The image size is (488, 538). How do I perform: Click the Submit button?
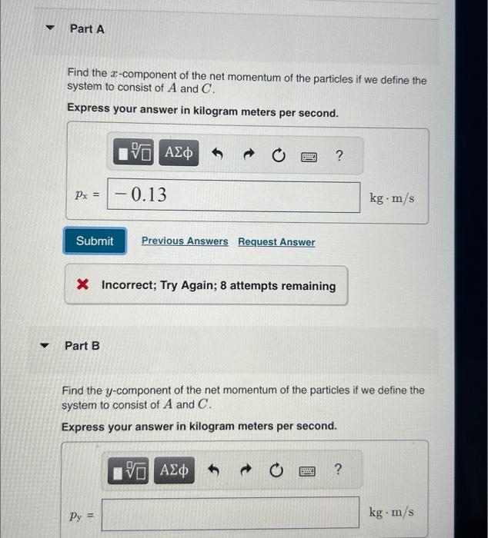click(x=95, y=241)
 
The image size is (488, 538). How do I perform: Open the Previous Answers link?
click(x=185, y=241)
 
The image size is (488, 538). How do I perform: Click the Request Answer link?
click(x=276, y=242)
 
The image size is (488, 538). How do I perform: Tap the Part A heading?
click(x=87, y=28)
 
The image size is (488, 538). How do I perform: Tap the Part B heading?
click(x=82, y=346)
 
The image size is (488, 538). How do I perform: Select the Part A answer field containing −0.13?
click(x=234, y=196)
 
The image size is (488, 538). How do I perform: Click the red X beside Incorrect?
click(x=84, y=286)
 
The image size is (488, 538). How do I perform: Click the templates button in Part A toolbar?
click(x=136, y=156)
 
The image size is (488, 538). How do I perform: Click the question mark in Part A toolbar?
click(x=339, y=156)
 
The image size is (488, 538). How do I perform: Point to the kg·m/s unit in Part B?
click(x=391, y=512)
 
